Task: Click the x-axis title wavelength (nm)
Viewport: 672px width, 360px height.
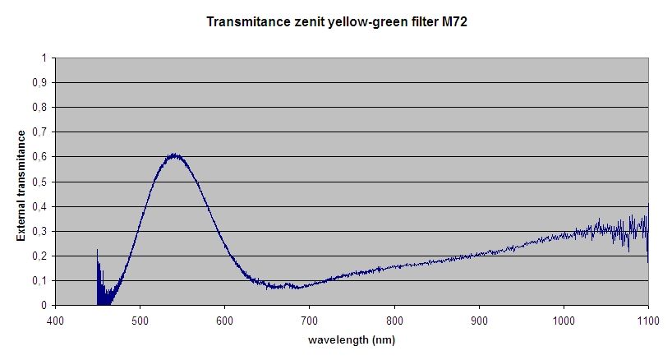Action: [351, 339]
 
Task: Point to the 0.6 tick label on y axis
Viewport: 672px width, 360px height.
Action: [39, 157]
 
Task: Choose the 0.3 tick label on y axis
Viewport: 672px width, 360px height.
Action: [39, 231]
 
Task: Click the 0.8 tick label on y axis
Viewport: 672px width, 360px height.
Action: [39, 107]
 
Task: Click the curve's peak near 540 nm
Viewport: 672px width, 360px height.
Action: [174, 155]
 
